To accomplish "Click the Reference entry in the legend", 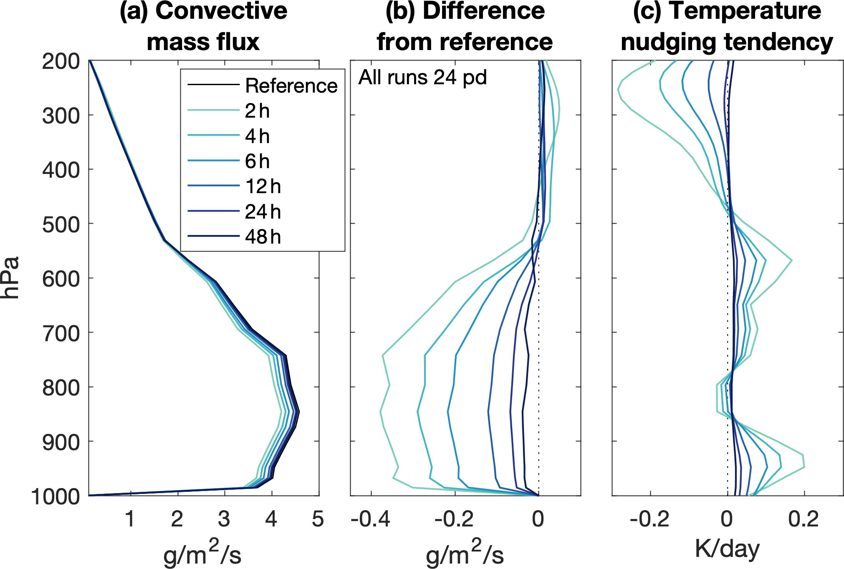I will point(291,86).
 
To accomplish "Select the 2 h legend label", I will point(257,111).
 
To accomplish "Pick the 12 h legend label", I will point(263,186).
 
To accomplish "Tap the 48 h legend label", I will point(263,237).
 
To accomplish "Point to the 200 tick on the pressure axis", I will point(61,62).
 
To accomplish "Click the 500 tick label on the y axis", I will point(61,225).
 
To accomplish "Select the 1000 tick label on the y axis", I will point(56,497).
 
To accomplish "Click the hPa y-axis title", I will point(10,278).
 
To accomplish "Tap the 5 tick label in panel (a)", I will point(318,519).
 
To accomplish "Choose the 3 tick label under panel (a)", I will point(224,519).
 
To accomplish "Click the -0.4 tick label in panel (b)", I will point(371,519).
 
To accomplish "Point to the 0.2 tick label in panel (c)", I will point(804,519).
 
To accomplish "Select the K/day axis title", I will point(727,549).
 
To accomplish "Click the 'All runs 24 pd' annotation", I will point(422,78).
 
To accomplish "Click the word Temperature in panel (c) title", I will point(745,11).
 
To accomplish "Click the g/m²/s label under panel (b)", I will point(465,553).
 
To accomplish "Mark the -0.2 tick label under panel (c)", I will point(649,519).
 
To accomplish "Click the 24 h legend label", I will point(263,212).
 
